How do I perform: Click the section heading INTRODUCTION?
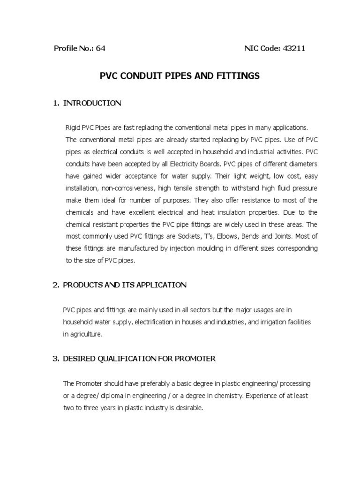[x=92, y=103]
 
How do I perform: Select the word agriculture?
[x=86, y=334]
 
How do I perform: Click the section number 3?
[x=54, y=359]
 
